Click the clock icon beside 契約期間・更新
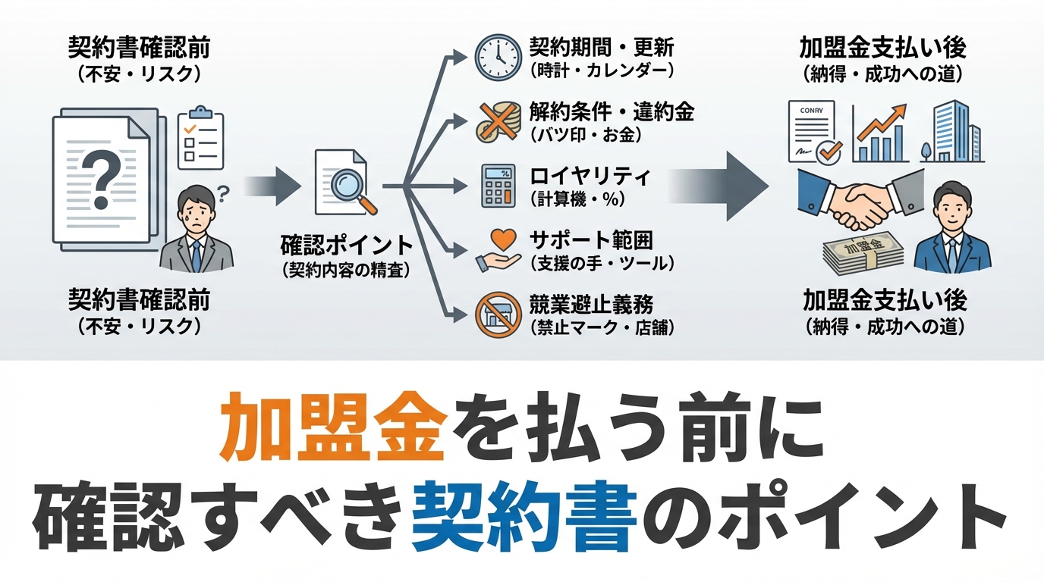pos(498,57)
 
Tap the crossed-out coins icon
pos(498,121)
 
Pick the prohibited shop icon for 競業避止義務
pos(498,314)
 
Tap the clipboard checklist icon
pos(200,138)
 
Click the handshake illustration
pos(861,200)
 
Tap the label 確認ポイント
pos(346,246)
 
